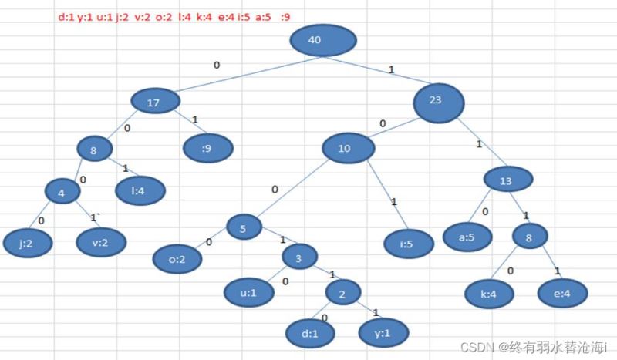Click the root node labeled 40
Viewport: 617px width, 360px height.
point(323,41)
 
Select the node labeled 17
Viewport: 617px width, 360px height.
point(156,101)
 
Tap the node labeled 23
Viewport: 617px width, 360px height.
point(439,103)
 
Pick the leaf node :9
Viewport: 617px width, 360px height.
point(208,148)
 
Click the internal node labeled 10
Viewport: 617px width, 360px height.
point(349,148)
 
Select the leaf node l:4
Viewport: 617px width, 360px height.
point(140,191)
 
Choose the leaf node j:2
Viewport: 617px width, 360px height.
point(28,243)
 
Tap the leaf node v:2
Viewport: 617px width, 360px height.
point(101,242)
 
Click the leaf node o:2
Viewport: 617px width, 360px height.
point(177,259)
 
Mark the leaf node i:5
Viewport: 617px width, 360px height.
point(409,244)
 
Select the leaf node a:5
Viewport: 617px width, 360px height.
point(467,237)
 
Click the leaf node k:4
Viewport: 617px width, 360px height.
point(489,294)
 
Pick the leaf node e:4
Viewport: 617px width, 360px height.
point(563,293)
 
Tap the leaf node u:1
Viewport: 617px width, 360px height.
point(249,292)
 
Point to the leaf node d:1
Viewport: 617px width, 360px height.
point(311,334)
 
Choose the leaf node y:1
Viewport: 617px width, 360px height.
point(383,333)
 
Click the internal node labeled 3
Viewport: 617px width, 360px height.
point(300,257)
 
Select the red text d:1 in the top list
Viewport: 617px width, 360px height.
point(66,17)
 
